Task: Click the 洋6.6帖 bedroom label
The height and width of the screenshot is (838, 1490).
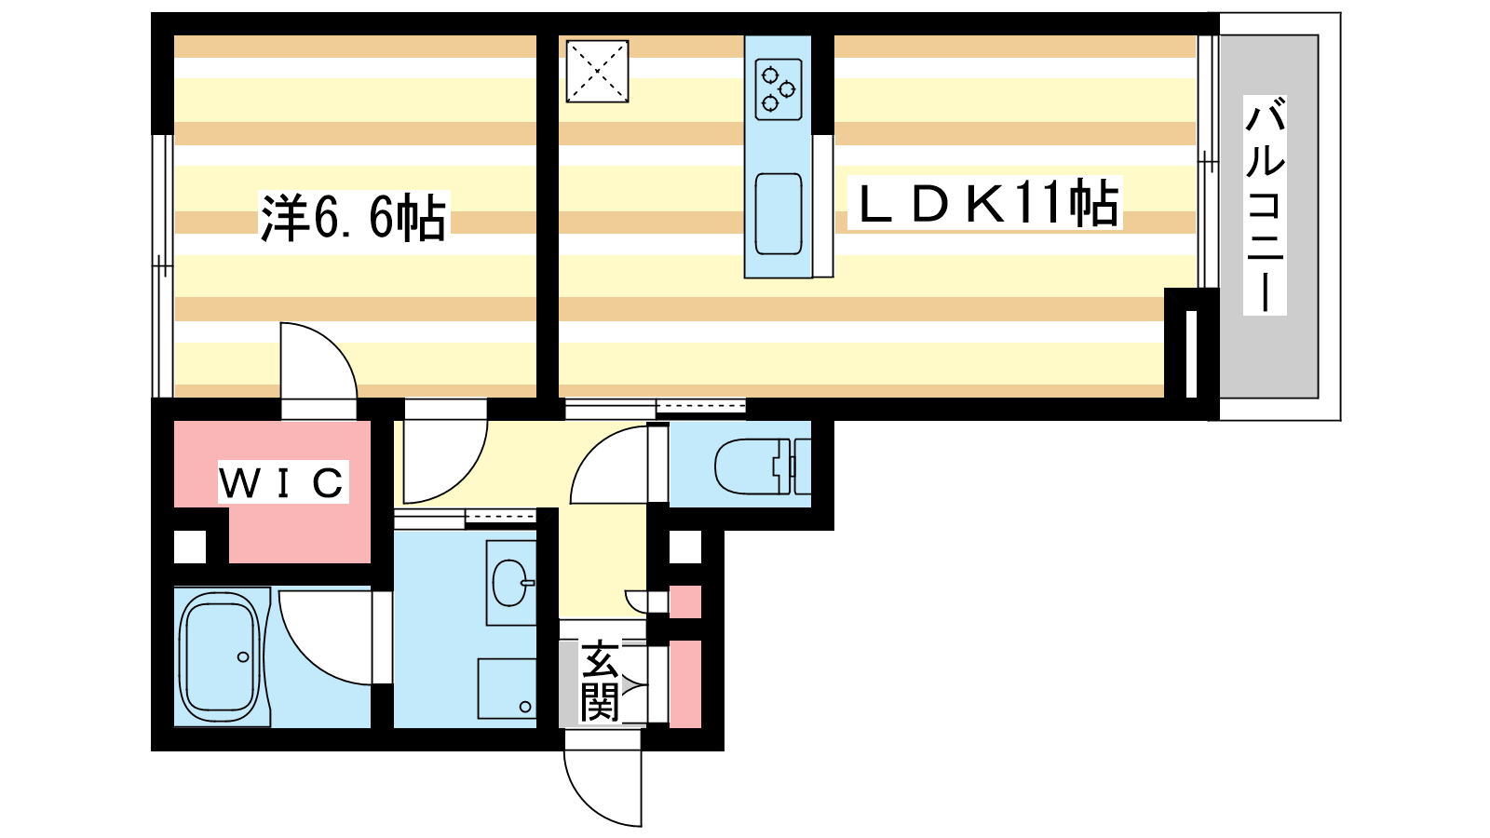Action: tap(353, 218)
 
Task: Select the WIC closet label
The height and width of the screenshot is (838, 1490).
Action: tap(283, 482)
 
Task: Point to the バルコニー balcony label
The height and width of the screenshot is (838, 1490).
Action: tap(1265, 205)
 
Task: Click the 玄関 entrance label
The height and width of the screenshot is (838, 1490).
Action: tap(600, 681)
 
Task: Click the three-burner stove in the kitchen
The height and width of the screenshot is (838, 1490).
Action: tap(779, 89)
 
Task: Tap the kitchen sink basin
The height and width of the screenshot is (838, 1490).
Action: tap(779, 213)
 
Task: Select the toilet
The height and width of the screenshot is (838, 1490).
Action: tap(763, 466)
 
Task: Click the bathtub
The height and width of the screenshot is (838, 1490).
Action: tap(220, 657)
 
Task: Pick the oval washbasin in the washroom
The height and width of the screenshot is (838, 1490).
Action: tap(510, 583)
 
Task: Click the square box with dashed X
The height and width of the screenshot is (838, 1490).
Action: tap(597, 72)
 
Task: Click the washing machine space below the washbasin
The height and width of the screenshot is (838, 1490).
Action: tap(507, 688)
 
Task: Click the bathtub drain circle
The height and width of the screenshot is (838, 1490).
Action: tap(243, 657)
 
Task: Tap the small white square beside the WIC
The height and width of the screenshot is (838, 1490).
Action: tap(190, 547)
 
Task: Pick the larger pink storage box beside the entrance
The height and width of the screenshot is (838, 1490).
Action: tap(685, 683)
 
